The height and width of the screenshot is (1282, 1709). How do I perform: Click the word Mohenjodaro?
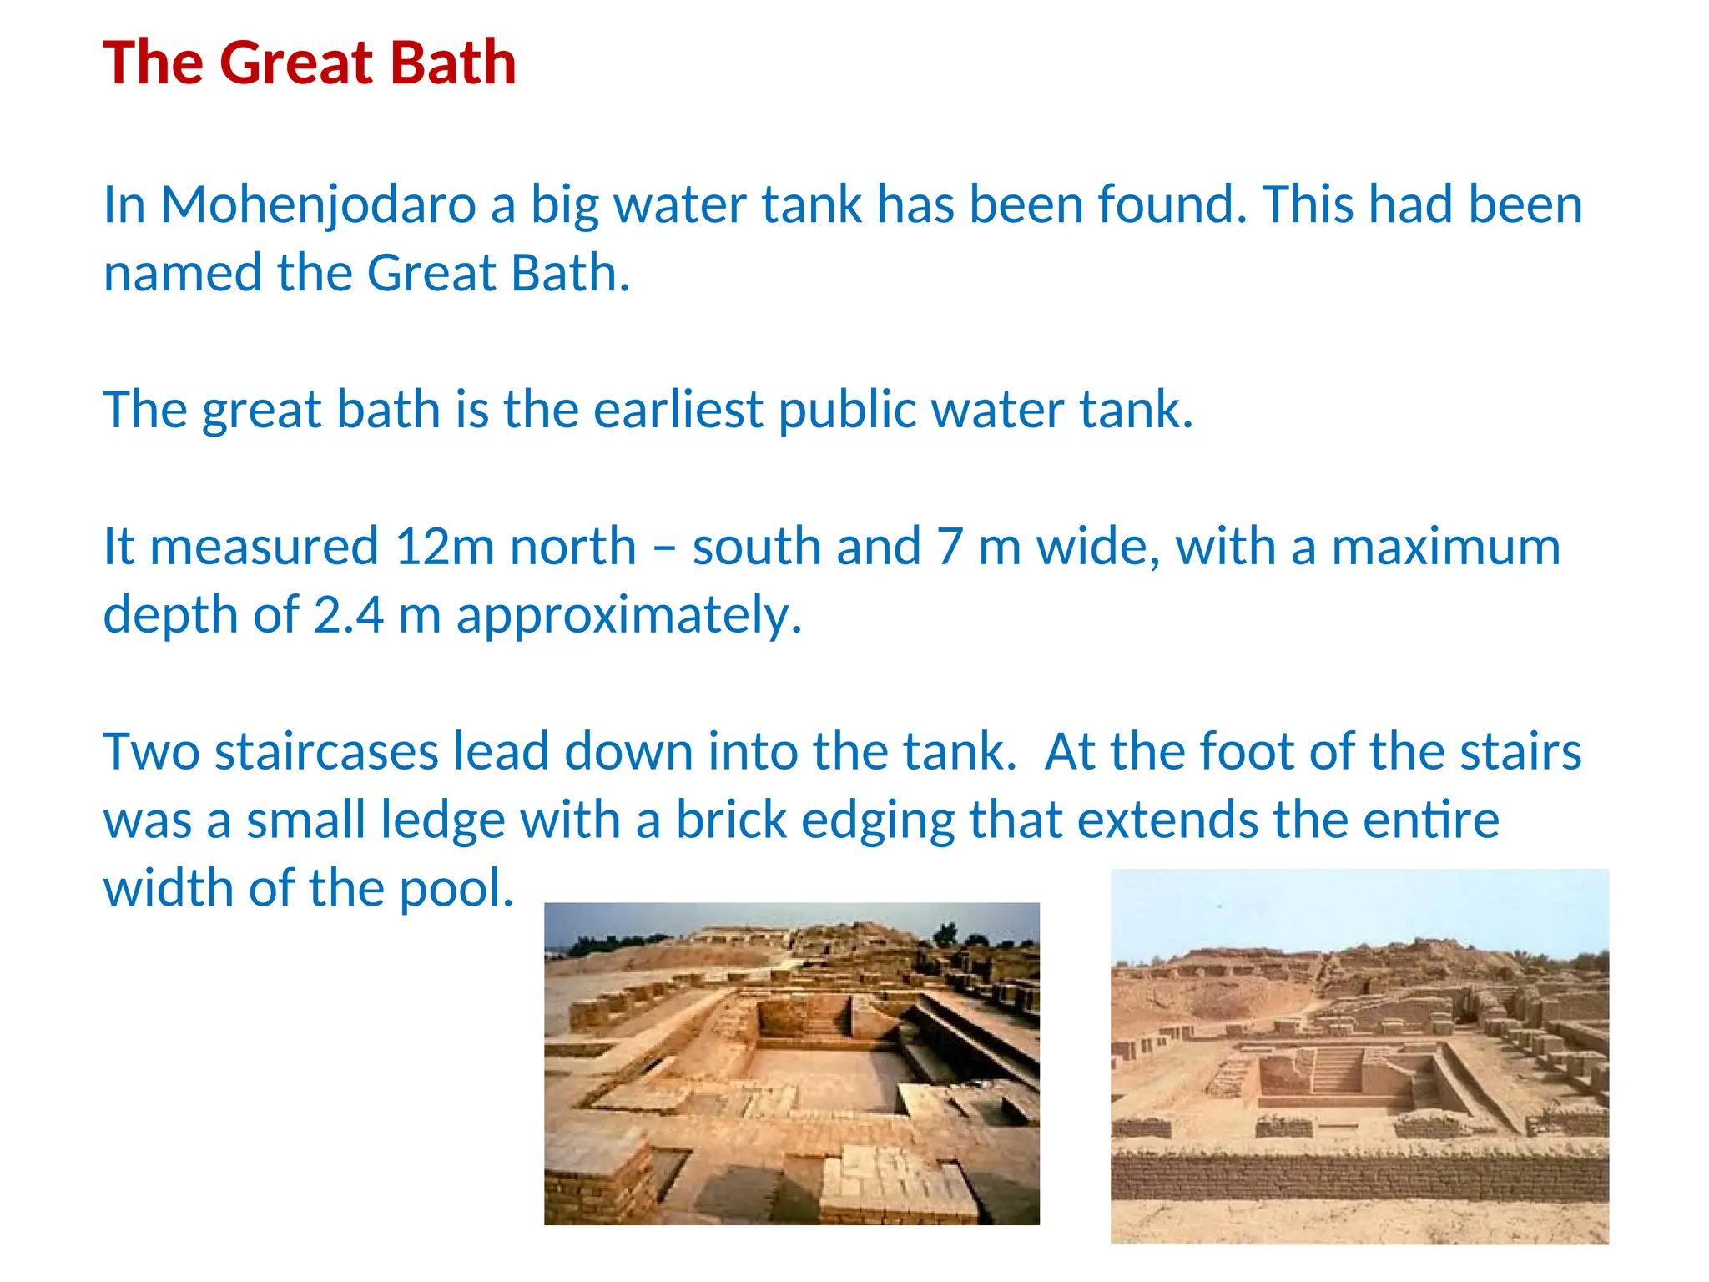click(318, 205)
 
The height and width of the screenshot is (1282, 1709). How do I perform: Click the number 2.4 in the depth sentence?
click(349, 616)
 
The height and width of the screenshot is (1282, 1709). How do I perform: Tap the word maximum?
click(1445, 548)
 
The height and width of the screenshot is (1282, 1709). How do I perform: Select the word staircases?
click(326, 752)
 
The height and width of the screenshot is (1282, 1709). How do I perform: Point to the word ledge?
click(442, 821)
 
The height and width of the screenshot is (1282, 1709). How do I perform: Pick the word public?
click(846, 411)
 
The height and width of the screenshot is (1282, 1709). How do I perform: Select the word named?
click(182, 274)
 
